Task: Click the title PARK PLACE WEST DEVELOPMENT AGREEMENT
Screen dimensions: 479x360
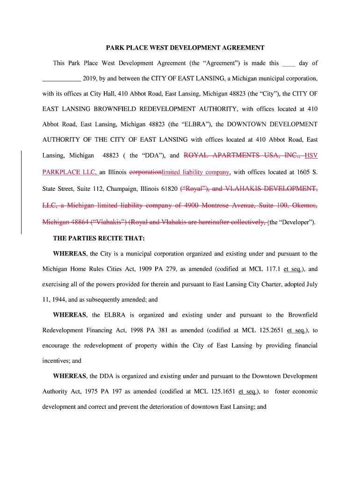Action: coord(185,48)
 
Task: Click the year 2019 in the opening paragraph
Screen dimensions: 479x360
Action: coord(89,78)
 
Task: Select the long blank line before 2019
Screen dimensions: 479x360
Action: coord(62,78)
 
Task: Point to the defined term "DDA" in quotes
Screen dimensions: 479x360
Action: coord(148,155)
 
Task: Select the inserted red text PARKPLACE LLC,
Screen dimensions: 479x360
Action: coord(70,172)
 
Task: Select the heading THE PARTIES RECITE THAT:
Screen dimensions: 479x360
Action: coord(99,238)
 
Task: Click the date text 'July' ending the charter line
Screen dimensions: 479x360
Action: coord(310,284)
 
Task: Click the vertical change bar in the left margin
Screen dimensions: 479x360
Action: coord(22,192)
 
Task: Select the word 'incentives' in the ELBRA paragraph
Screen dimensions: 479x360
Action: coord(56,361)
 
